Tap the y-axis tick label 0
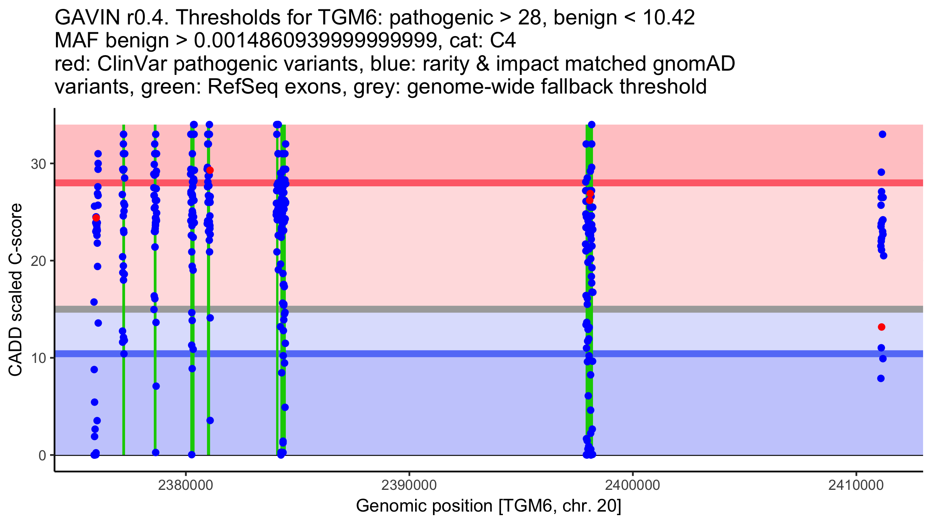(42, 455)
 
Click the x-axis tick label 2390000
(409, 485)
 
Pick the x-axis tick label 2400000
(633, 485)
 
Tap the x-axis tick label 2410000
(856, 485)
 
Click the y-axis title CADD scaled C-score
(16, 290)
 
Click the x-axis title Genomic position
(489, 506)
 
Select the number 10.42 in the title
(669, 17)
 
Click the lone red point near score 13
(882, 327)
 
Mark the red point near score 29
(210, 170)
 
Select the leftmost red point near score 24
(96, 217)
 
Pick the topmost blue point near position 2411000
(882, 134)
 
